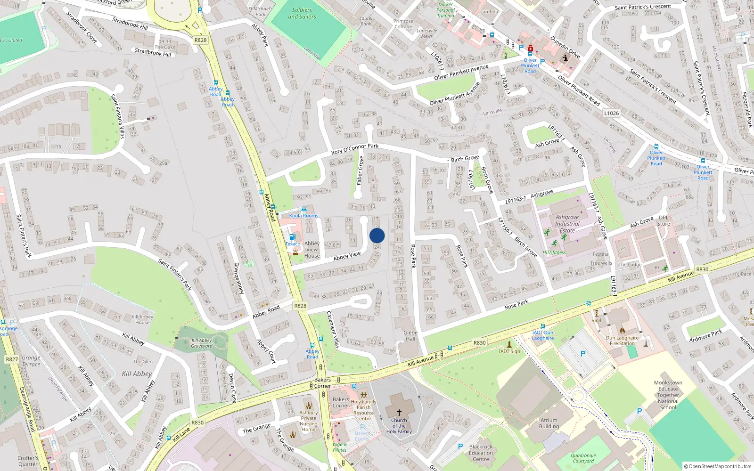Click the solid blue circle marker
pyautogui.click(x=377, y=235)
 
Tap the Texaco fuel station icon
pyautogui.click(x=292, y=237)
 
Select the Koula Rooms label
pyautogui.click(x=303, y=216)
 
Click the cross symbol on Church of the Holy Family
pyautogui.click(x=399, y=413)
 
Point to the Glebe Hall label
pyautogui.click(x=410, y=335)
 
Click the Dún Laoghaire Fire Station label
pyautogui.click(x=622, y=341)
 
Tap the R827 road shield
pyautogui.click(x=12, y=359)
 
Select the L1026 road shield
pyautogui.click(x=611, y=113)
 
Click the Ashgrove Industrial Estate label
pyautogui.click(x=567, y=224)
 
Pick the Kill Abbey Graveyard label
pyautogui.click(x=202, y=343)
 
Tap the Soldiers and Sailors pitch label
pyautogui.click(x=302, y=13)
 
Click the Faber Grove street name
pyautogui.click(x=361, y=170)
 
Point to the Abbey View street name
pyautogui.click(x=347, y=256)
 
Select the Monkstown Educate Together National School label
pyautogui.click(x=668, y=395)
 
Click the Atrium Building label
pyautogui.click(x=549, y=423)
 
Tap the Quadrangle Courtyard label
pyautogui.click(x=583, y=458)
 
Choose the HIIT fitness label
pyautogui.click(x=554, y=252)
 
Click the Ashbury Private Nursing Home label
pyautogui.click(x=309, y=421)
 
